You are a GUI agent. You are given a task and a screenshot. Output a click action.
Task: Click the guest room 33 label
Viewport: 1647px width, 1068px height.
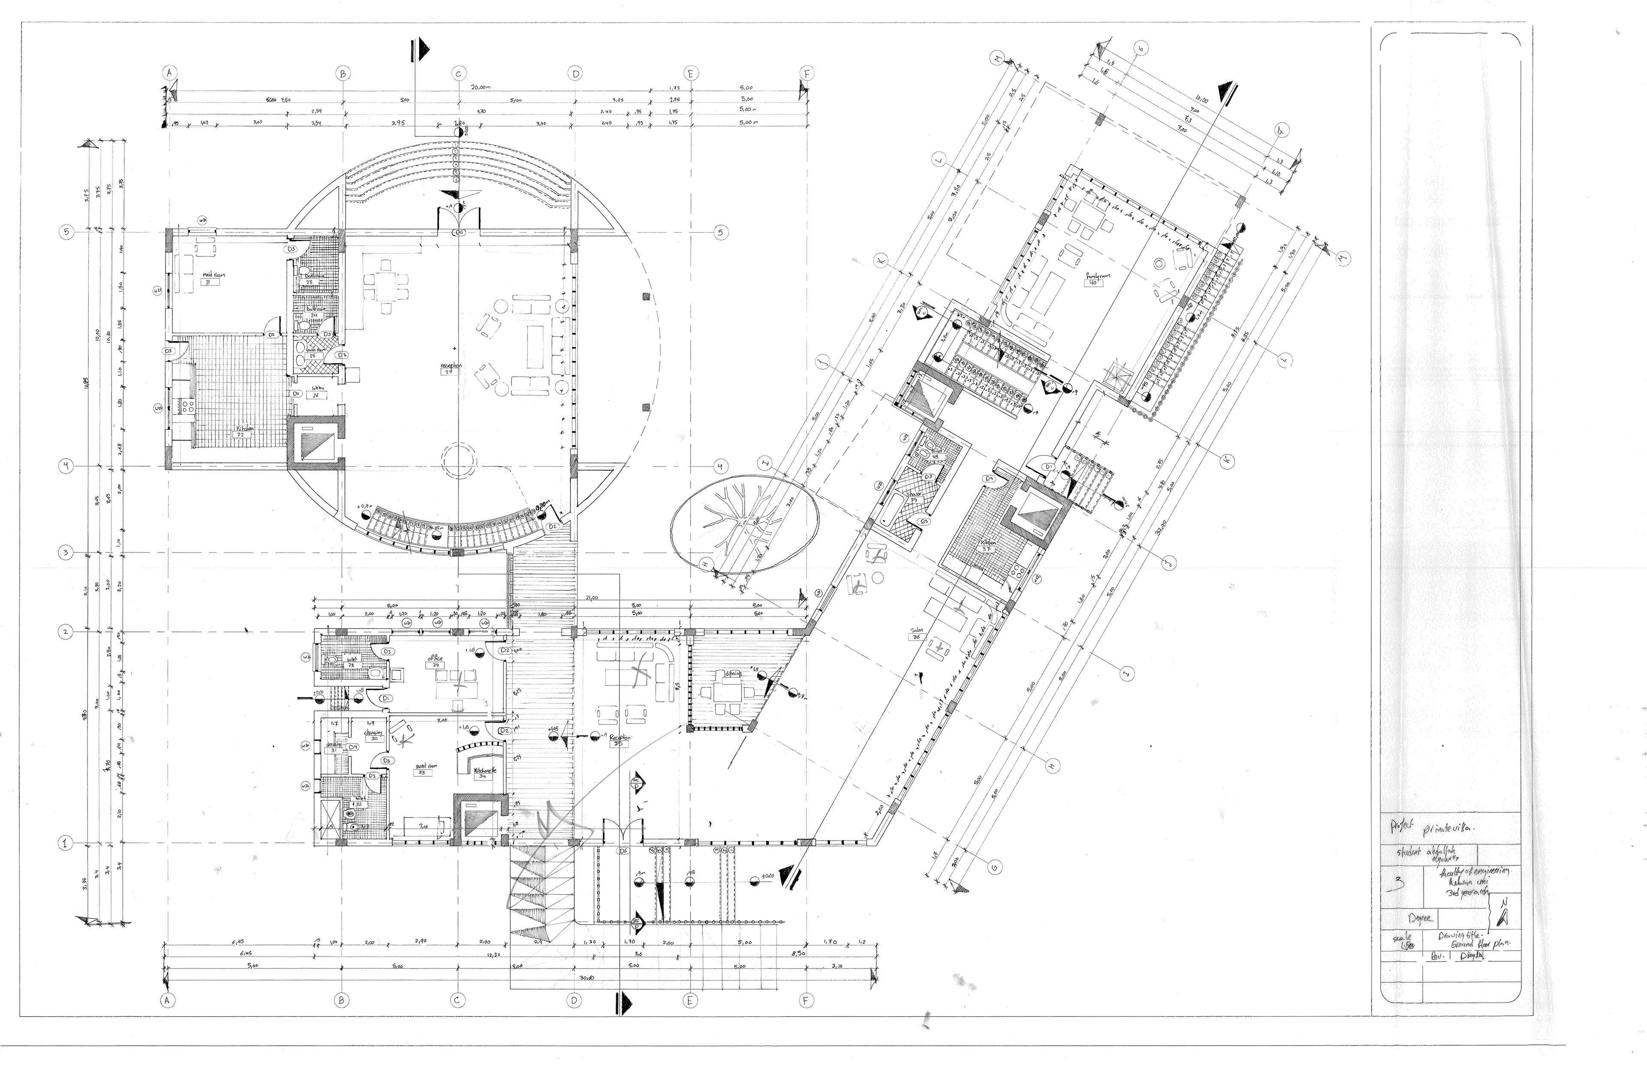[x=420, y=768]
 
